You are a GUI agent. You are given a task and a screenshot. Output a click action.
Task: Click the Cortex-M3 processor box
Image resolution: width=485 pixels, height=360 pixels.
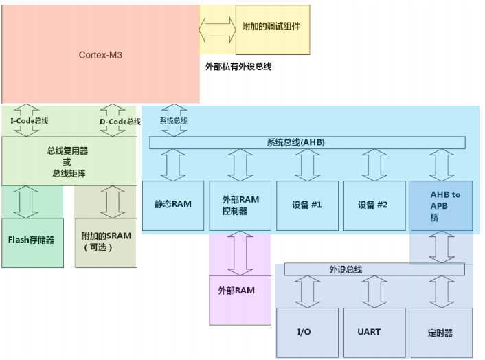pos(100,54)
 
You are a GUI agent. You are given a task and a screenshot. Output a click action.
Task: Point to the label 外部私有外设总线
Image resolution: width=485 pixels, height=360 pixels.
pos(238,67)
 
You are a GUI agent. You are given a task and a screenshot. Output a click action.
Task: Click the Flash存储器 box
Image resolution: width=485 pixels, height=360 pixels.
pos(32,240)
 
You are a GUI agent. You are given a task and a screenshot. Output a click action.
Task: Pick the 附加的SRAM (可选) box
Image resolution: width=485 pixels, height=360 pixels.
pos(106,241)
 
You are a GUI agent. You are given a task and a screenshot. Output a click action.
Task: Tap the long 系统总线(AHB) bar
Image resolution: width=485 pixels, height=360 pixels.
pos(306,142)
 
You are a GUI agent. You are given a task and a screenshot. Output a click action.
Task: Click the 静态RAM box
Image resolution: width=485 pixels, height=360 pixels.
pos(173,205)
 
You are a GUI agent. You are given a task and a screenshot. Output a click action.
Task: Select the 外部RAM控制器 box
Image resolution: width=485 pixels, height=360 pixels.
pos(240,205)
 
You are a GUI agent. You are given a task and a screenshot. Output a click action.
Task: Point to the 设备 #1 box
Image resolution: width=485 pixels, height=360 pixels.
pos(307,205)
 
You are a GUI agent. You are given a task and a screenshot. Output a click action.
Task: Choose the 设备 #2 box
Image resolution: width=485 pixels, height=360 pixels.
pos(374,205)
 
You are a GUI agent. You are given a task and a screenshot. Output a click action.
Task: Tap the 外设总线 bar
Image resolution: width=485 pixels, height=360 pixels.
pos(375,269)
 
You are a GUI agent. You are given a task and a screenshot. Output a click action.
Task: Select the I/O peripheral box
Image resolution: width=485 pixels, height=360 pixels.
pos(307,333)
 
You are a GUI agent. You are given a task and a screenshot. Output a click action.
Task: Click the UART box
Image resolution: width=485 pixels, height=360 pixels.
pos(374,333)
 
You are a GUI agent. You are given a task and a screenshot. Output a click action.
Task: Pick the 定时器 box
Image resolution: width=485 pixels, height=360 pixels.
pos(441,333)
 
